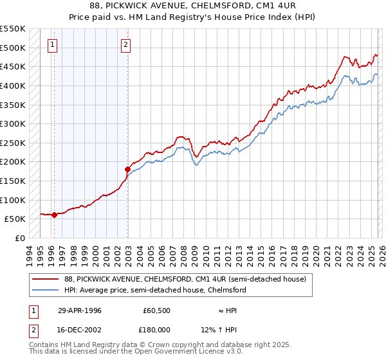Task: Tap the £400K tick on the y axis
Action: (13, 85)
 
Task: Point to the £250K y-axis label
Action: (13, 143)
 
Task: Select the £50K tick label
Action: (15, 219)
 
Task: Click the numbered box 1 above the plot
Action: (52, 45)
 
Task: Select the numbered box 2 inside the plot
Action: (125, 45)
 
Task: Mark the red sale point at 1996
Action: (54, 215)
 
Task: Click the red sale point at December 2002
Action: (127, 169)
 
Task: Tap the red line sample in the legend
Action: (46, 279)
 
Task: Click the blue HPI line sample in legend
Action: (46, 290)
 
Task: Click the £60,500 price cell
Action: (157, 310)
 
